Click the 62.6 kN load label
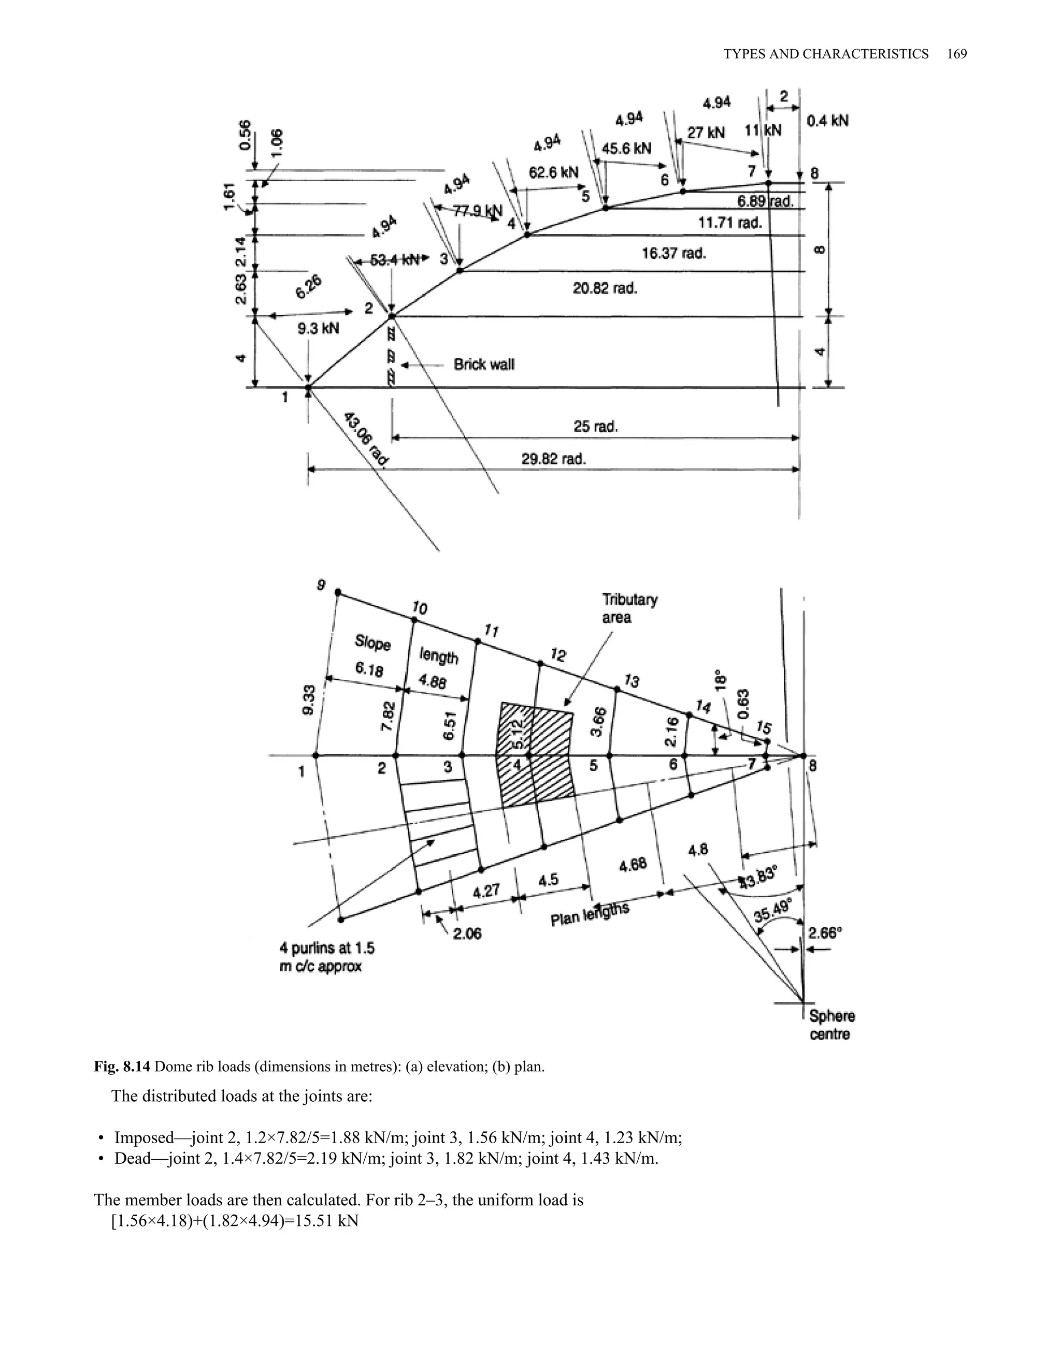click(553, 172)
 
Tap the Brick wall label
click(484, 364)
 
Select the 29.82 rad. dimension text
click(553, 459)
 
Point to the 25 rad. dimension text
click(595, 427)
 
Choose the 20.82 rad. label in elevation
click(604, 288)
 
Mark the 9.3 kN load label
click(318, 328)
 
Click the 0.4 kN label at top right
click(827, 121)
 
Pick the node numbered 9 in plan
click(321, 585)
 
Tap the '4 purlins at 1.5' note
click(327, 948)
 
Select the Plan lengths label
click(590, 914)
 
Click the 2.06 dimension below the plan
click(466, 934)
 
